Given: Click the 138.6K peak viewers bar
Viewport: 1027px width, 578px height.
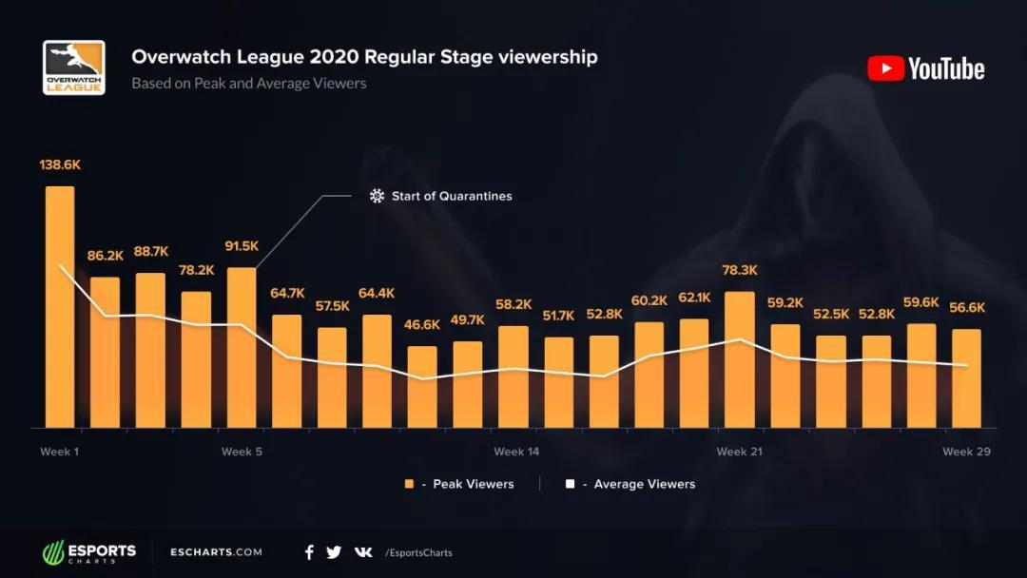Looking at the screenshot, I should (x=60, y=306).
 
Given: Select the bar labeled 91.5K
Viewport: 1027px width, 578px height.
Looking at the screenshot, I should (x=242, y=347).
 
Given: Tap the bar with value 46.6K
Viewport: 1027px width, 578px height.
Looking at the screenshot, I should (x=422, y=386).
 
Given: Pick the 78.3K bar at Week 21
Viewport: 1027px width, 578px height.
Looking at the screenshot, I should (x=740, y=359).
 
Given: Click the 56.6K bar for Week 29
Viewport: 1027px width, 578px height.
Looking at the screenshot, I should (x=966, y=378).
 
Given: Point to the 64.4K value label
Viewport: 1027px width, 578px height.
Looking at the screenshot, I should (x=377, y=293).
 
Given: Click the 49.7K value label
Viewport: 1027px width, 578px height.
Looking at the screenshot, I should (x=467, y=319).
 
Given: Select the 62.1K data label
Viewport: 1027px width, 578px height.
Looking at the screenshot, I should (x=694, y=298).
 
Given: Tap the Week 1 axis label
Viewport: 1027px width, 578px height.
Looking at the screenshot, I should (x=59, y=452).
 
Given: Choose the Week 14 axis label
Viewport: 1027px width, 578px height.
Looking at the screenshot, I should (x=516, y=452).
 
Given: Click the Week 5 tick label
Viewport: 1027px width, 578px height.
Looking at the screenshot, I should (x=242, y=452).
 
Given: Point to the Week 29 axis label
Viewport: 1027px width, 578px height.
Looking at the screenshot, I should (x=966, y=452).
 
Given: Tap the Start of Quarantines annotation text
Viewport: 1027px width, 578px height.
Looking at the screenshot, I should (x=452, y=196).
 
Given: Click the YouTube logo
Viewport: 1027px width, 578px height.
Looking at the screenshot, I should (x=926, y=68).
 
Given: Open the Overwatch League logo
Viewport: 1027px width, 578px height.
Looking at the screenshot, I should (x=73, y=67).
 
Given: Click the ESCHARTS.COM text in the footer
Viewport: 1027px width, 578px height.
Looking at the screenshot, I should (x=216, y=552).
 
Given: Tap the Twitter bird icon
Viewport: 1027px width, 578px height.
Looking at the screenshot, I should (x=334, y=552).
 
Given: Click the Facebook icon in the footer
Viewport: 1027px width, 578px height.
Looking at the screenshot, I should (x=309, y=552).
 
